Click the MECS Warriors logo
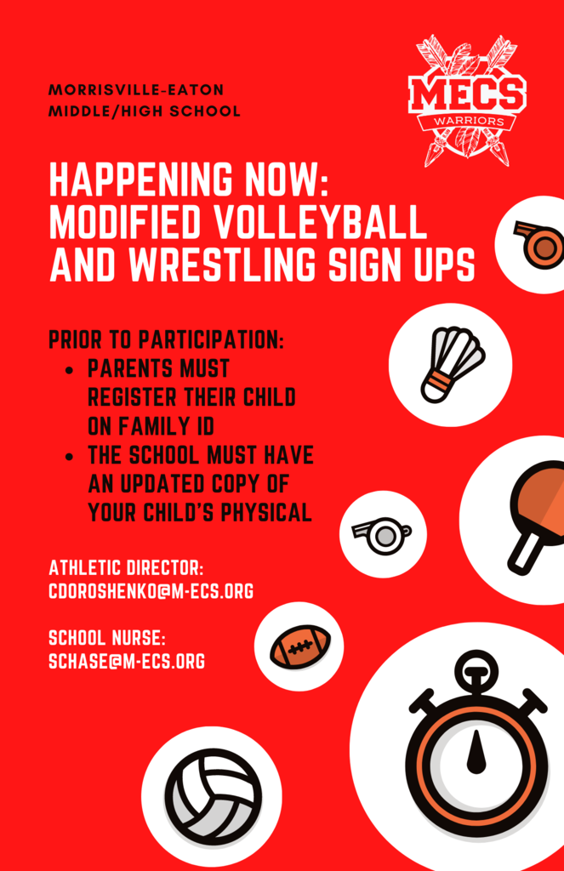pyautogui.click(x=467, y=101)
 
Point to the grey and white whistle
pyautogui.click(x=382, y=535)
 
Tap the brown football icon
pyautogui.click(x=300, y=646)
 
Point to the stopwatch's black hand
pyautogui.click(x=476, y=752)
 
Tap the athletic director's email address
pyautogui.click(x=151, y=591)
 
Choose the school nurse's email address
pyautogui.click(x=127, y=661)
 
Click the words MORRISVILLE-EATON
pyautogui.click(x=136, y=89)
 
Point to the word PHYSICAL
pyautogui.click(x=266, y=512)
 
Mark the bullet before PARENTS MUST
pyautogui.click(x=69, y=370)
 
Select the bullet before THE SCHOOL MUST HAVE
pyautogui.click(x=69, y=457)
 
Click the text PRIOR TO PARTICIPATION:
pyautogui.click(x=166, y=339)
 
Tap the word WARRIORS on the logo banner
pyautogui.click(x=468, y=121)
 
